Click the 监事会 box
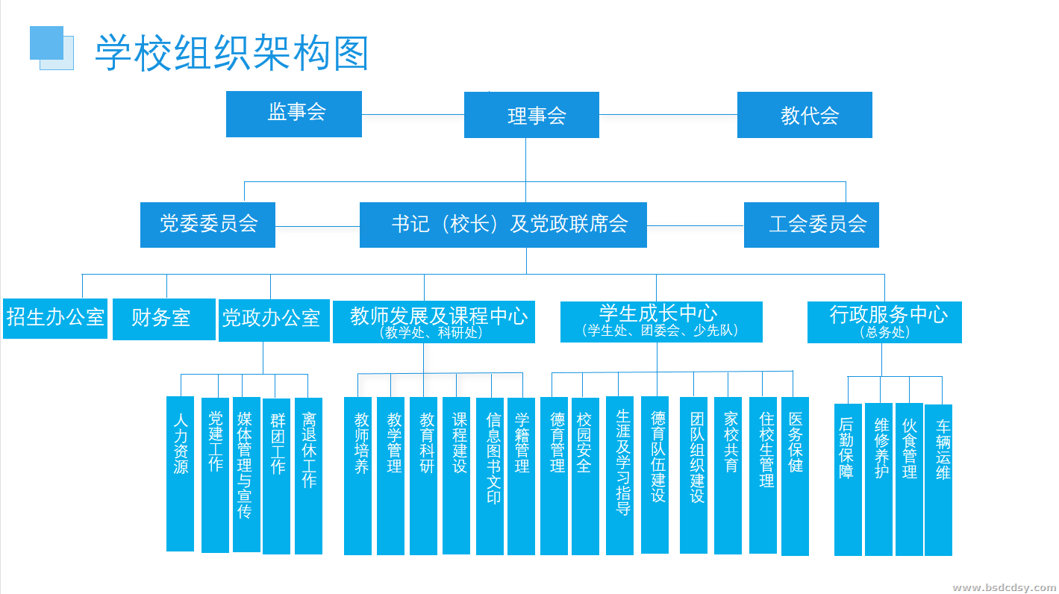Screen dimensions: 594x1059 click(294, 114)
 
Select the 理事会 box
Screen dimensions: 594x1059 click(531, 115)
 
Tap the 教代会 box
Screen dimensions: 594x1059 click(805, 115)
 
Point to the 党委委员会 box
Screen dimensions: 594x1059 click(207, 225)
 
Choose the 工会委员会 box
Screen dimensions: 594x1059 click(811, 225)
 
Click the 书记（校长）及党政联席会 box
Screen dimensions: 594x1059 click(503, 225)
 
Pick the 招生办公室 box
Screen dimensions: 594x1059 click(55, 318)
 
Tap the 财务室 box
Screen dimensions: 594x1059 click(163, 319)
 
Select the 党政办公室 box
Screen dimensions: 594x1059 click(273, 319)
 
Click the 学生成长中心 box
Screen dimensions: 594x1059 click(661, 322)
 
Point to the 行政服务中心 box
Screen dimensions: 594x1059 click(884, 322)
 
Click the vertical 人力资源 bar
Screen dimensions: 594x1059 click(180, 474)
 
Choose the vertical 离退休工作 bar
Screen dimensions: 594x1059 click(308, 475)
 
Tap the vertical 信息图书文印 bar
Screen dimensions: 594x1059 click(490, 475)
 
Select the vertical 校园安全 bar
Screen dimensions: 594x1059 click(585, 477)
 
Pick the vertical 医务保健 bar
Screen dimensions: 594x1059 click(795, 476)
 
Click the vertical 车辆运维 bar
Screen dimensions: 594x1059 click(938, 480)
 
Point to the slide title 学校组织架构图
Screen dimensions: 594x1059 click(232, 52)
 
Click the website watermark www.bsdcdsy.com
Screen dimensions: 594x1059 click(1004, 587)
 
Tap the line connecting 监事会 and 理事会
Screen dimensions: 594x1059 click(413, 115)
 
